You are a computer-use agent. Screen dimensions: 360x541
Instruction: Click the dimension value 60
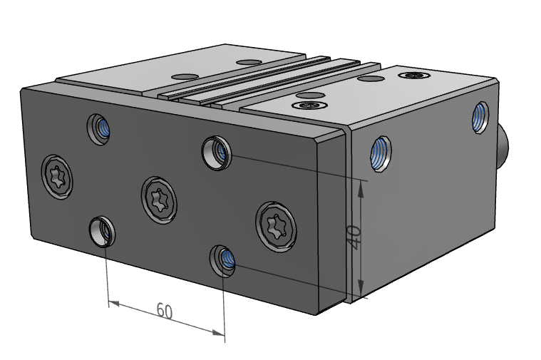[165, 311]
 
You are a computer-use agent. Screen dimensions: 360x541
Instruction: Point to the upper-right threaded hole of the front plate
[215, 151]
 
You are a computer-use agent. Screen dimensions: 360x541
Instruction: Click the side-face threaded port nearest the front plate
[380, 153]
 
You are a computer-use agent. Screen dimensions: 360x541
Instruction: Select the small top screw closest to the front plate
[311, 106]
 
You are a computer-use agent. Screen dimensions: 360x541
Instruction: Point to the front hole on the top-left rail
[186, 76]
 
